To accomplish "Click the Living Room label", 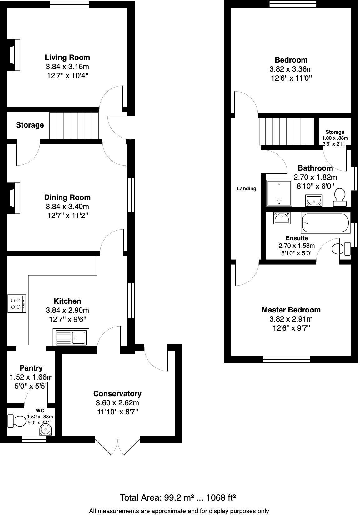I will tap(67, 57).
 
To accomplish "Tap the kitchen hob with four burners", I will tap(17, 304).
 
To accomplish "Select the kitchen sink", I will tap(71, 337).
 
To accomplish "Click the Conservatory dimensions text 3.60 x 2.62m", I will tap(117, 403).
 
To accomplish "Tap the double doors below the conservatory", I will tap(117, 447).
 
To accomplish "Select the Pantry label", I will tap(31, 368).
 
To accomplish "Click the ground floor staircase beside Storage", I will tap(74, 126).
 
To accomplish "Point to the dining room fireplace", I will tap(14, 198).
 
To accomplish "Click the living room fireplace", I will tap(14, 55).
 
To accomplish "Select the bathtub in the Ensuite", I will tap(325, 223).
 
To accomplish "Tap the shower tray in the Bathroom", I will tap(279, 193).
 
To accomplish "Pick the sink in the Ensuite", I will tap(282, 218).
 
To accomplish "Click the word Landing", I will tap(247, 188).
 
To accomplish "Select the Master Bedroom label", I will tap(291, 310).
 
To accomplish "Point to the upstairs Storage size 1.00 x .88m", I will tap(335, 138).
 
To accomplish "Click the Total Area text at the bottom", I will tap(177, 497).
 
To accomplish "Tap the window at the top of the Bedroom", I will tap(293, 4).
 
